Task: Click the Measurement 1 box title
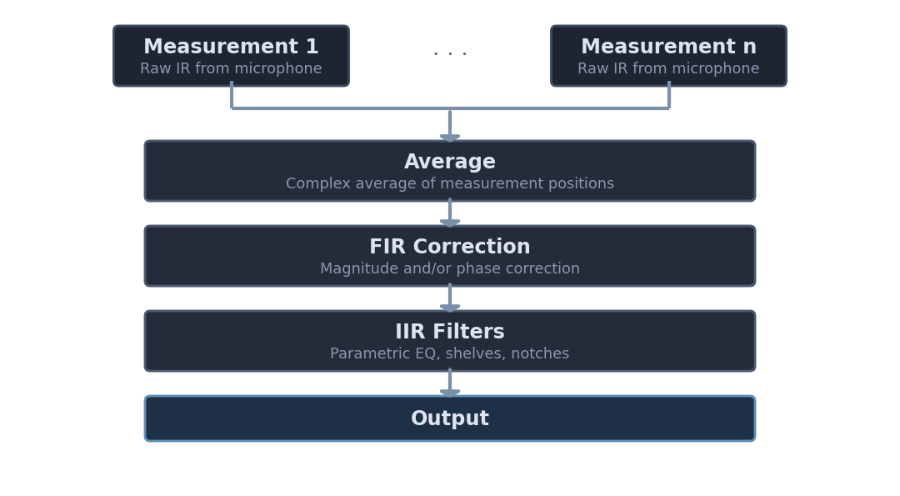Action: [x=231, y=48]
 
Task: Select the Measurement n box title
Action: [x=668, y=48]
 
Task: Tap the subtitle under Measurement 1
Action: [x=231, y=69]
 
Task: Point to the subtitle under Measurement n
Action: [x=668, y=69]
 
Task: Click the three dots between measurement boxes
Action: [x=450, y=54]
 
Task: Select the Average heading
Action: [x=450, y=163]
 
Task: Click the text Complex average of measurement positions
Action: [x=450, y=184]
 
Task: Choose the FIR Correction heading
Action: [x=450, y=248]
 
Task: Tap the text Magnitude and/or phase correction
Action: [x=450, y=269]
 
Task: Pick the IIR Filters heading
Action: [x=450, y=333]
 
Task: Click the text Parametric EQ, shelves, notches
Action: [x=450, y=354]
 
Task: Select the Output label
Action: [x=450, y=419]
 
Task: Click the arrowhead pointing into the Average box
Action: [x=450, y=137]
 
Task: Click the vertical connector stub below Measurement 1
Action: [x=232, y=95]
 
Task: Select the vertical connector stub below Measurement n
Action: [x=668, y=95]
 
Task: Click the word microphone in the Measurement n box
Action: [x=722, y=69]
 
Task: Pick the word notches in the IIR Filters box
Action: [x=541, y=354]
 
